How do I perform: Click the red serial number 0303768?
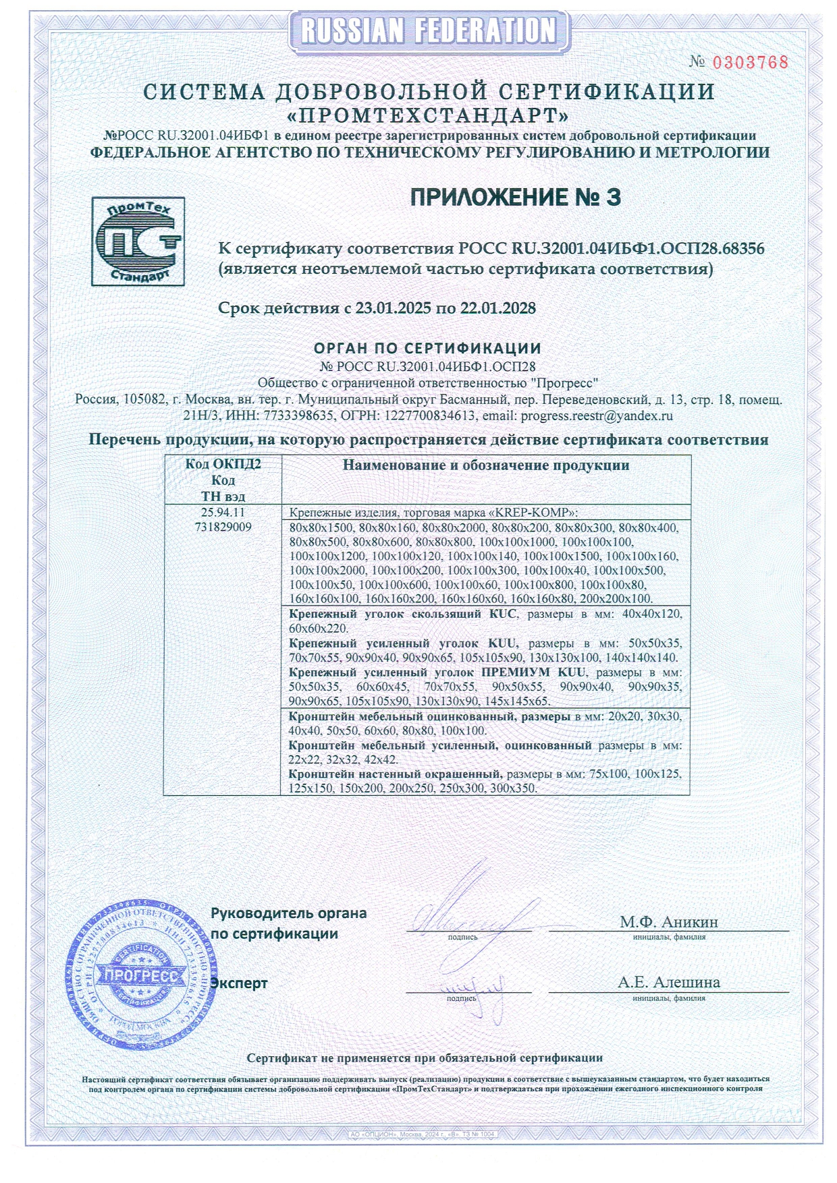(750, 63)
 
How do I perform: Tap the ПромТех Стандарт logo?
(138, 241)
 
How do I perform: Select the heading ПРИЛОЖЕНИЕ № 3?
(516, 198)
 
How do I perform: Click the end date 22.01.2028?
(498, 309)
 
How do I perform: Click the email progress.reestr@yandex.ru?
(597, 416)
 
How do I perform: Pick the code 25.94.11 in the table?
(223, 513)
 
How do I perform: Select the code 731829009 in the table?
(223, 527)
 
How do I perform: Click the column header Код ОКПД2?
(223, 465)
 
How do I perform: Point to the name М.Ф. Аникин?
(669, 922)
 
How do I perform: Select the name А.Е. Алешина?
(669, 983)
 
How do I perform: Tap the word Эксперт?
(240, 983)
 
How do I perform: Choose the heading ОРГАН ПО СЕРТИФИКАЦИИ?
(427, 349)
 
